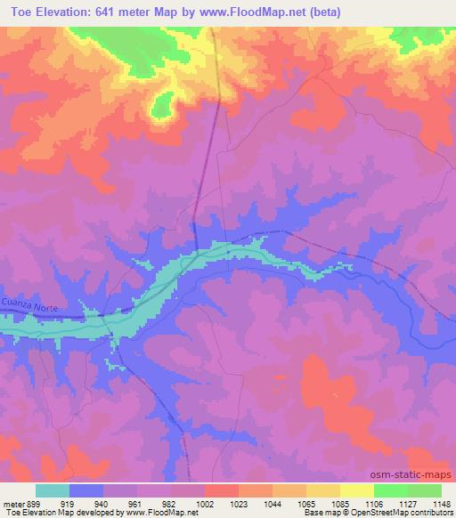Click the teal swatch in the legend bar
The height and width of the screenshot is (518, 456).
53,490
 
